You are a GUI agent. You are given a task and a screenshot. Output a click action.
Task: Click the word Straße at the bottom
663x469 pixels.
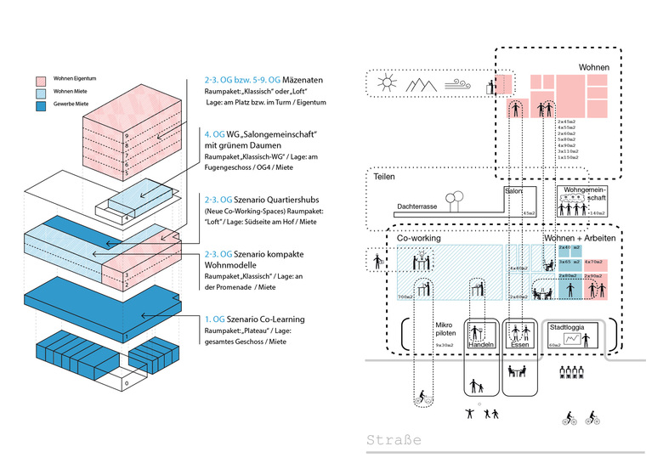click(393, 442)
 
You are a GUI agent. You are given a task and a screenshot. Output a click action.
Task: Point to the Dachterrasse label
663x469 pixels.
click(416, 206)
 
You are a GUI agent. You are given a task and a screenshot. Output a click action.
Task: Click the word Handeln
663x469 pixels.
click(481, 346)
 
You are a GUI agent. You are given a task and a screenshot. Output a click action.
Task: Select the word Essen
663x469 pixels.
click(519, 346)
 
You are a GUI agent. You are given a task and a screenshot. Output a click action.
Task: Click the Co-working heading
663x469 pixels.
click(419, 240)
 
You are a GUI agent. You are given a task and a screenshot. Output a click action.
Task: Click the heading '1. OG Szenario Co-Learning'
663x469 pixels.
click(254, 319)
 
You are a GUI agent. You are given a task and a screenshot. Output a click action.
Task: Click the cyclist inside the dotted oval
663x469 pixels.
click(422, 397)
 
